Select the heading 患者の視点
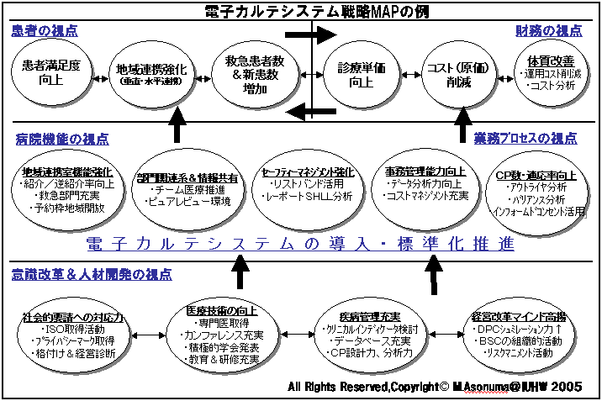[45, 31]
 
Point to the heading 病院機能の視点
[62, 139]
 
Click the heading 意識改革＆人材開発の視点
[92, 274]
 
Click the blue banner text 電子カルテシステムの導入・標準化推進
[300, 245]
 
